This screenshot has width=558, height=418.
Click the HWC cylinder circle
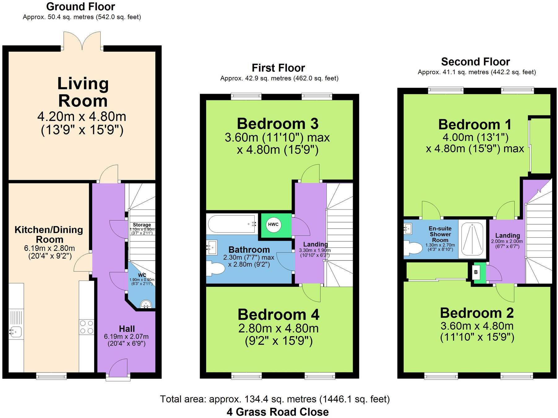coord(273,225)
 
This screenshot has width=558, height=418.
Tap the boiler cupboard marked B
coord(476,272)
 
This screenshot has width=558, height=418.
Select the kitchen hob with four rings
coord(87,327)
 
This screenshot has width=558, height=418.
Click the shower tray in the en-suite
coord(472,239)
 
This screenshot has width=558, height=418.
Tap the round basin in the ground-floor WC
coord(146,304)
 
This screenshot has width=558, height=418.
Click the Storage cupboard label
coord(142,225)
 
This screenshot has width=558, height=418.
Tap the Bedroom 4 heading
coord(278,315)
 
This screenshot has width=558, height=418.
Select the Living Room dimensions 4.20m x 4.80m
coord(82,117)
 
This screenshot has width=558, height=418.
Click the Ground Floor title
coord(80,6)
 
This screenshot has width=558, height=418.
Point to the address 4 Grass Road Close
coord(278,412)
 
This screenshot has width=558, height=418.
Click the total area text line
coord(275,399)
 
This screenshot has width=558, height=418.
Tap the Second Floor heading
coord(475,62)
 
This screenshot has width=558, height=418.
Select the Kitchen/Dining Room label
coord(49,234)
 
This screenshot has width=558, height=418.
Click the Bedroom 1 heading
coord(475,125)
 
